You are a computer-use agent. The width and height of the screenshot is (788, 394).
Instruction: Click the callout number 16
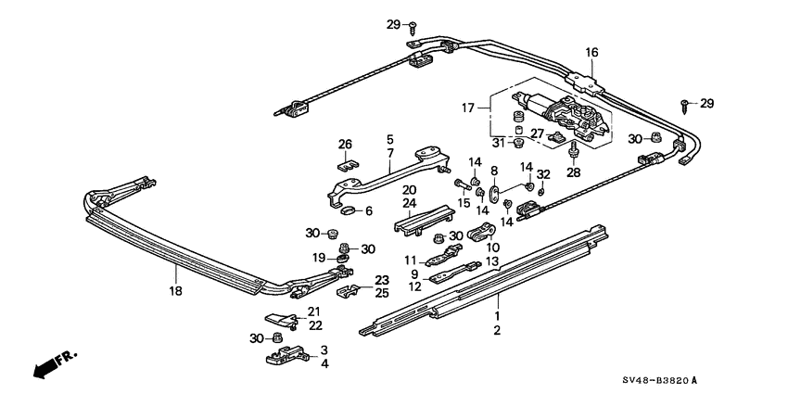click(x=591, y=53)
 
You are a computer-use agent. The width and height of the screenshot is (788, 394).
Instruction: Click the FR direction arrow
click(x=55, y=363)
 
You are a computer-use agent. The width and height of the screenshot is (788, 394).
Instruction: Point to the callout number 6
click(x=368, y=211)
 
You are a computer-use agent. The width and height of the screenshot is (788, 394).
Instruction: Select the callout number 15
click(x=464, y=203)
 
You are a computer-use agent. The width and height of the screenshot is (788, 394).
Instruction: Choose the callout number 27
click(x=538, y=134)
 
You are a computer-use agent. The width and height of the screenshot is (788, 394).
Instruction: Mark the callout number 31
click(x=498, y=142)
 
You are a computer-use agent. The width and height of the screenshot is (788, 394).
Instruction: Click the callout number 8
click(x=494, y=171)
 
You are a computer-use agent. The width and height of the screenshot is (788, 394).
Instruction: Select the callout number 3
click(x=324, y=349)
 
